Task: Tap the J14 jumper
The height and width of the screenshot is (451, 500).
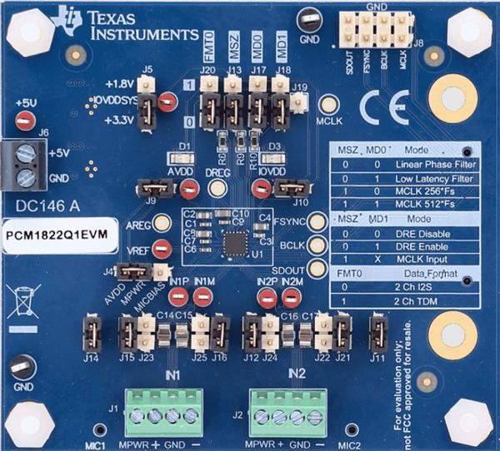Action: (x=90, y=333)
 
